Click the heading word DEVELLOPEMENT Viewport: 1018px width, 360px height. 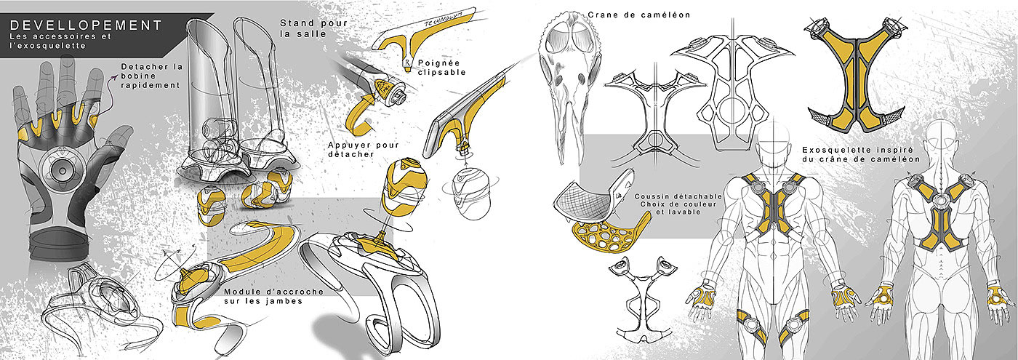[87, 25]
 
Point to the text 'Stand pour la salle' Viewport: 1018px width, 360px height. [305, 28]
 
